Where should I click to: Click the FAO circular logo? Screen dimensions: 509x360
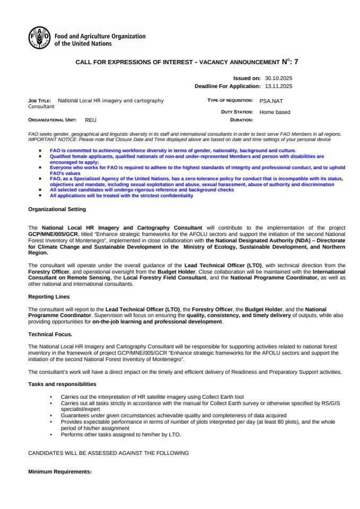39,38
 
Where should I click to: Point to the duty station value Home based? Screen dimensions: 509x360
275,112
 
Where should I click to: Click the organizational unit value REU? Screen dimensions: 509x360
91,120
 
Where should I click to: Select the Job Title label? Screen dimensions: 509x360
40,100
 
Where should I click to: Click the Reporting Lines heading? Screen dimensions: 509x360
49,296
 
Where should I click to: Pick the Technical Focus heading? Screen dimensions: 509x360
50,334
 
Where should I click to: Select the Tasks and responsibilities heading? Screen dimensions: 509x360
62,383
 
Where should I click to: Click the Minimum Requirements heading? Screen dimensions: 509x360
60,471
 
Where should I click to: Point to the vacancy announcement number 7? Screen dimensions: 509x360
296,62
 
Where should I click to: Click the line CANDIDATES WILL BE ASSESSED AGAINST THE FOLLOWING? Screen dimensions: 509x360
108,453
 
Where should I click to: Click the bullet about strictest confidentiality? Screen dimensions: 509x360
121,196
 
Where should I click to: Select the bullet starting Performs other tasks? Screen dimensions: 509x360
121,434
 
